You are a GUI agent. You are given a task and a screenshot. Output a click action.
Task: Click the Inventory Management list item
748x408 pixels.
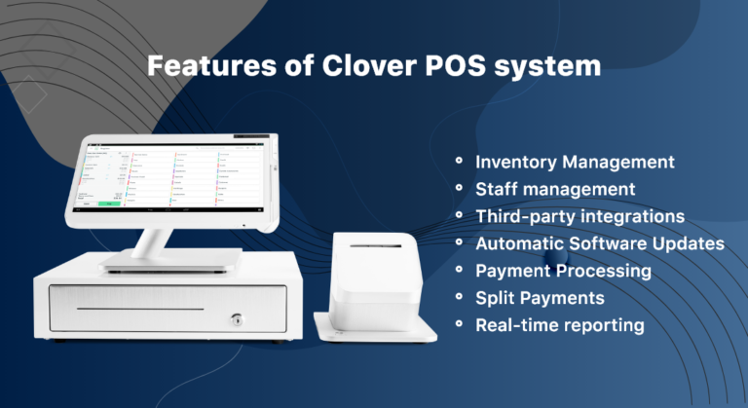[575, 161]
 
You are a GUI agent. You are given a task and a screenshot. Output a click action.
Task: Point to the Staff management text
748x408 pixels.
[555, 188]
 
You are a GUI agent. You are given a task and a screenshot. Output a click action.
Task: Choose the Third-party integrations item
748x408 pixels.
[580, 215]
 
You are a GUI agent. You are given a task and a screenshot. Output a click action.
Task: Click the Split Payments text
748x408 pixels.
[540, 297]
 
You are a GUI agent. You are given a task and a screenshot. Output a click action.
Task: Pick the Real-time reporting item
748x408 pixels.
[559, 324]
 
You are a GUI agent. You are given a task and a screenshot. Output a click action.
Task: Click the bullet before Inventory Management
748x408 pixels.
[459, 159]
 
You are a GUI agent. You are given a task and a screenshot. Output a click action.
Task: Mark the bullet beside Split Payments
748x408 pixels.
[459, 295]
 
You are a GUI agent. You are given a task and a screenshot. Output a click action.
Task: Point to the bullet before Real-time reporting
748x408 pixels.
[459, 322]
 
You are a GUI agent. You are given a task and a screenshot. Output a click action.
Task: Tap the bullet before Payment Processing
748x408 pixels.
[459, 268]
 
